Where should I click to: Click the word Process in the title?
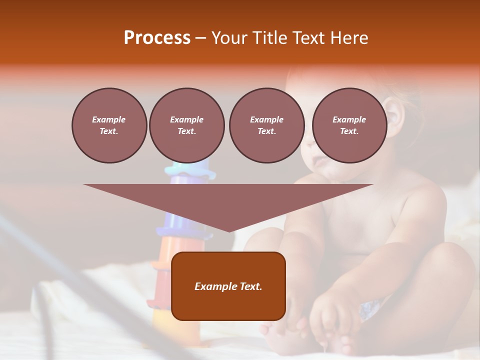coord(157,38)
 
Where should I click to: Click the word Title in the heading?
coord(269,38)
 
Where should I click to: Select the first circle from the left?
coord(109,125)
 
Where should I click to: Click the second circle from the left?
coord(186,125)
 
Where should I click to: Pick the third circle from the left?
coord(266,125)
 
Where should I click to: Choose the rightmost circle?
coord(349,125)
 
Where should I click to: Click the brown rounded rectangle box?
coord(228,286)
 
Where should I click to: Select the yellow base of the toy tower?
coord(165,320)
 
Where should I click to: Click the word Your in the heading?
coord(228,38)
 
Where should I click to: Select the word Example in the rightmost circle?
coord(349,119)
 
